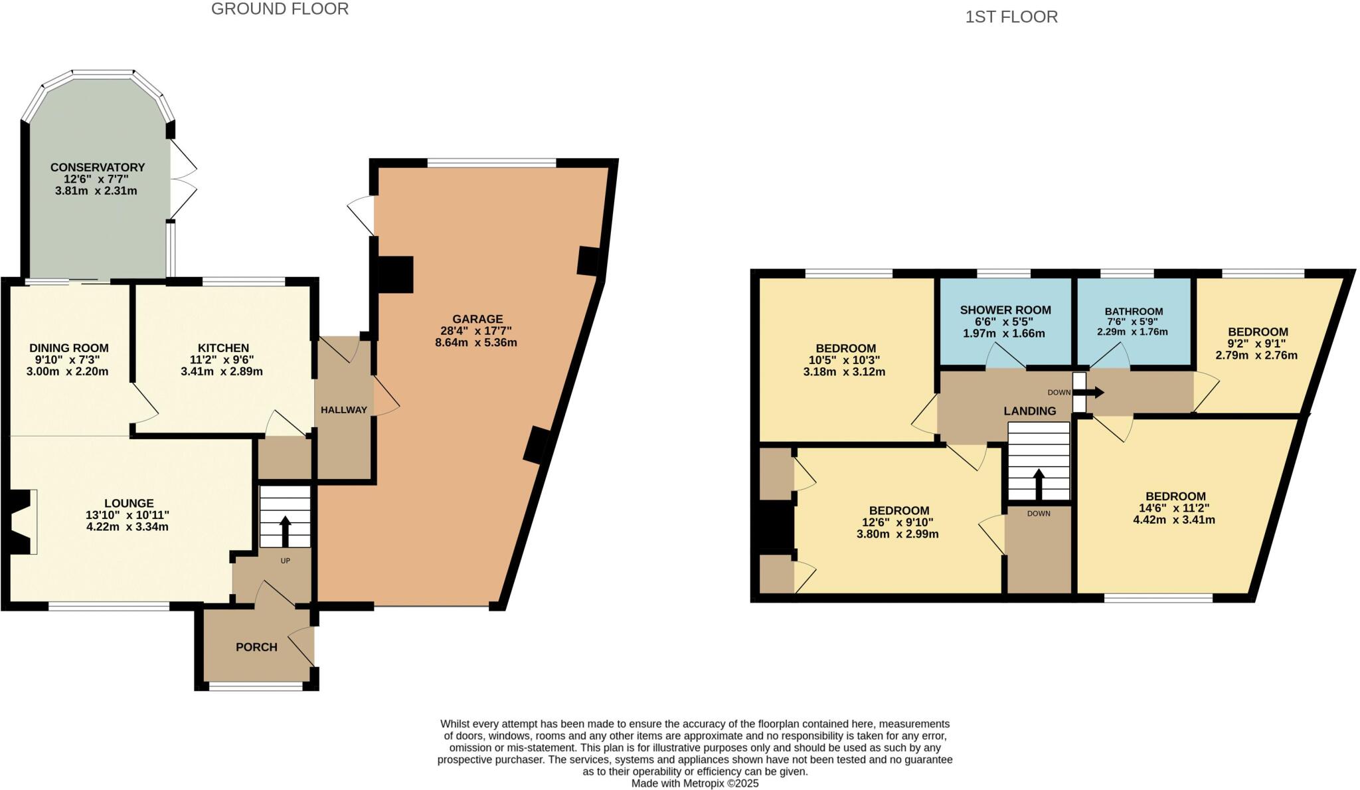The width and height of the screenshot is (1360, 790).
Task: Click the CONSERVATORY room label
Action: (x=98, y=167)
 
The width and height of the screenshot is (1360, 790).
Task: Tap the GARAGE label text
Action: (x=477, y=319)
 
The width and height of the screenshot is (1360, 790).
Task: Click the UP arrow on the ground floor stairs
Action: (x=285, y=530)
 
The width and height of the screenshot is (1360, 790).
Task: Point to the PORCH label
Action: (x=256, y=647)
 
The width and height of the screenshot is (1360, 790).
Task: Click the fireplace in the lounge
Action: (x=20, y=522)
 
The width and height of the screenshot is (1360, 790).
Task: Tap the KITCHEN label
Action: (x=223, y=348)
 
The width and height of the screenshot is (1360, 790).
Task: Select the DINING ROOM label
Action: (x=68, y=348)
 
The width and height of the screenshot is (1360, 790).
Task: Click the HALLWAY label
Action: (x=344, y=410)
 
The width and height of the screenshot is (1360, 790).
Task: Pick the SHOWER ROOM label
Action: (x=1005, y=310)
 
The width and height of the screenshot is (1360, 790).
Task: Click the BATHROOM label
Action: (x=1134, y=311)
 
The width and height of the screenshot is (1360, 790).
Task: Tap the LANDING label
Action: (x=1029, y=411)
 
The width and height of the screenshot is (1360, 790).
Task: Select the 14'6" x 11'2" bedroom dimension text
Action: (x=1175, y=508)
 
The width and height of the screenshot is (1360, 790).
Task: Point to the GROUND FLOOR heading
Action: (x=280, y=9)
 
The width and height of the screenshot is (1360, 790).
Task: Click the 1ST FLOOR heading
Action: (x=1011, y=17)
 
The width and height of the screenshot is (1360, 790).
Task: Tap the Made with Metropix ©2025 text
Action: (x=695, y=783)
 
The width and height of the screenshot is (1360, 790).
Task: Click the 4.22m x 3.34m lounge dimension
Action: (x=127, y=527)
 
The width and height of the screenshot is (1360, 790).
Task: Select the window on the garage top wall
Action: (x=491, y=163)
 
